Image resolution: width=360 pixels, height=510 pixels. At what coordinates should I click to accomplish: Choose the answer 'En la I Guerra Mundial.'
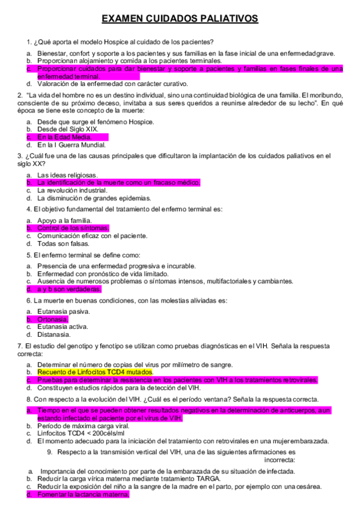(x=71, y=145)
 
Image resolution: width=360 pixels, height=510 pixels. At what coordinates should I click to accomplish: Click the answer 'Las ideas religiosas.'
(x=67, y=175)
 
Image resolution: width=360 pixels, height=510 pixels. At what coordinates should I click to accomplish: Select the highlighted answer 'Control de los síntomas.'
(x=73, y=229)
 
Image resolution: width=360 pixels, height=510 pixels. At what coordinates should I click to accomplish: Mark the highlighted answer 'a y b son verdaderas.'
(x=69, y=289)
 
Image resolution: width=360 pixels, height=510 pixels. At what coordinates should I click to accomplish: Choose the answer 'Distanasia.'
(x=54, y=334)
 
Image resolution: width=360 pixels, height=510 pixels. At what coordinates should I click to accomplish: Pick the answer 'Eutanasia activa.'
(x=63, y=327)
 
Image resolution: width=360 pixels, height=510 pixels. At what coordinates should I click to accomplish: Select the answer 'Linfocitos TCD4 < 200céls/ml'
(x=81, y=433)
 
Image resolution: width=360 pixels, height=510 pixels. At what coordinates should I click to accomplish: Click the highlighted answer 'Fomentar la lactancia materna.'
(x=83, y=494)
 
